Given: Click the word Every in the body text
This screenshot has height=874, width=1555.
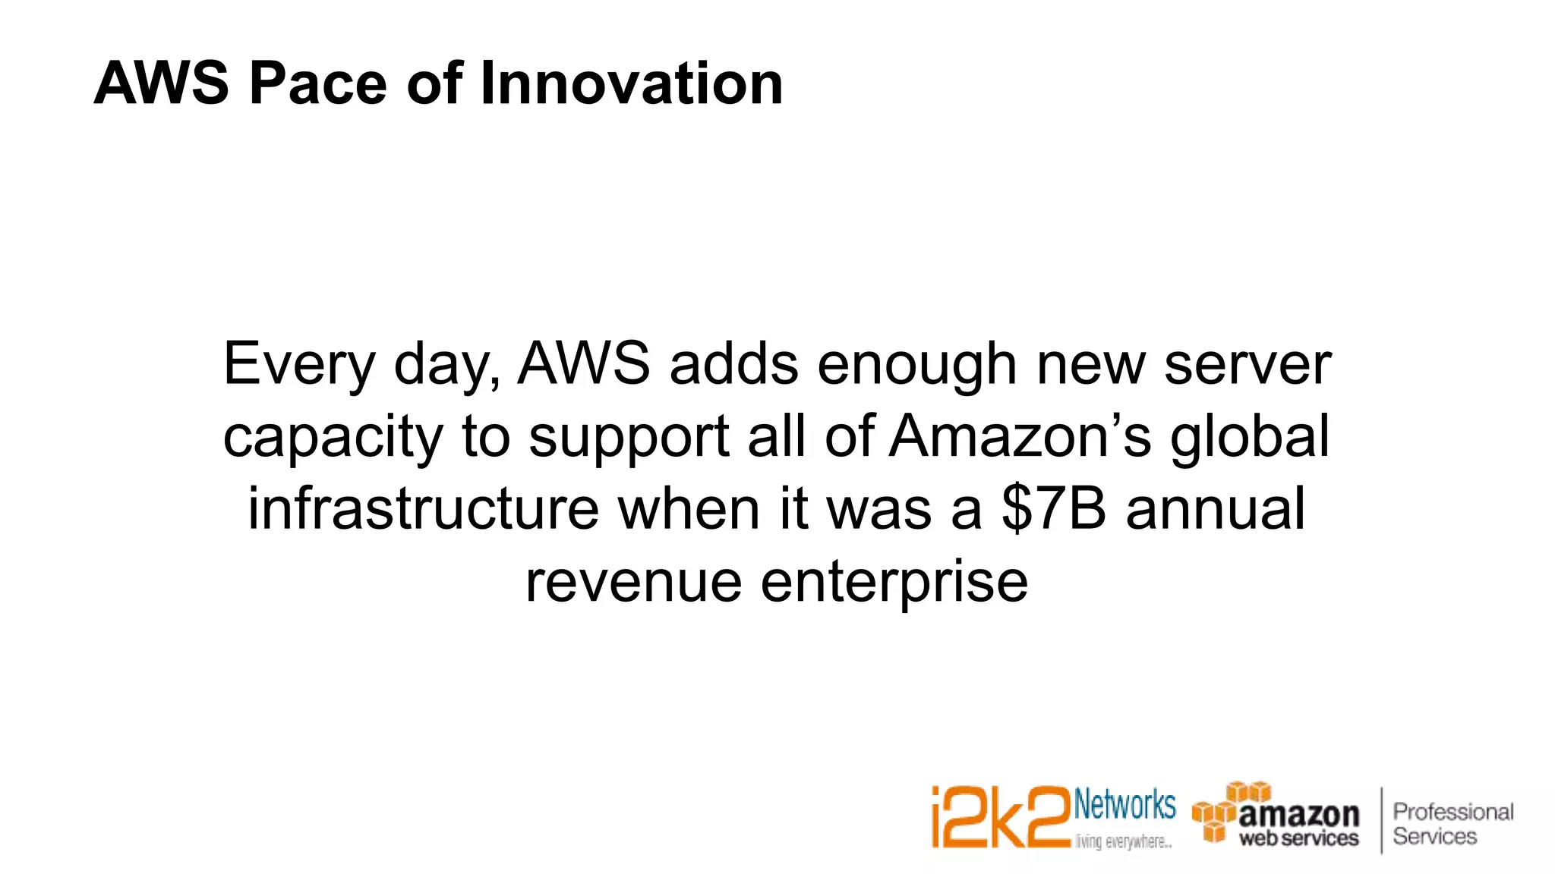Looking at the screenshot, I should pyautogui.click(x=298, y=366).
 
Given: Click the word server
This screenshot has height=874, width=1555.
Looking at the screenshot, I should pyautogui.click(x=1247, y=364).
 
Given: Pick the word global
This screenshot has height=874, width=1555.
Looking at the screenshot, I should pyautogui.click(x=1250, y=437).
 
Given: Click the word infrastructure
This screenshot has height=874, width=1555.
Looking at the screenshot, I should pyautogui.click(x=424, y=509).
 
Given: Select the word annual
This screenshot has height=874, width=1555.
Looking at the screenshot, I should pyautogui.click(x=1216, y=509).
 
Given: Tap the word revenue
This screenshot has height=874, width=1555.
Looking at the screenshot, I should pyautogui.click(x=633, y=582).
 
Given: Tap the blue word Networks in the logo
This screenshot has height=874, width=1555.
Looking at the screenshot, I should pyautogui.click(x=1124, y=806).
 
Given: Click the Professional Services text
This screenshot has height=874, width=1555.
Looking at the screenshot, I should pyautogui.click(x=1452, y=824).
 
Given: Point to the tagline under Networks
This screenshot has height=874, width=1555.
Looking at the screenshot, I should pyautogui.click(x=1123, y=842).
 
